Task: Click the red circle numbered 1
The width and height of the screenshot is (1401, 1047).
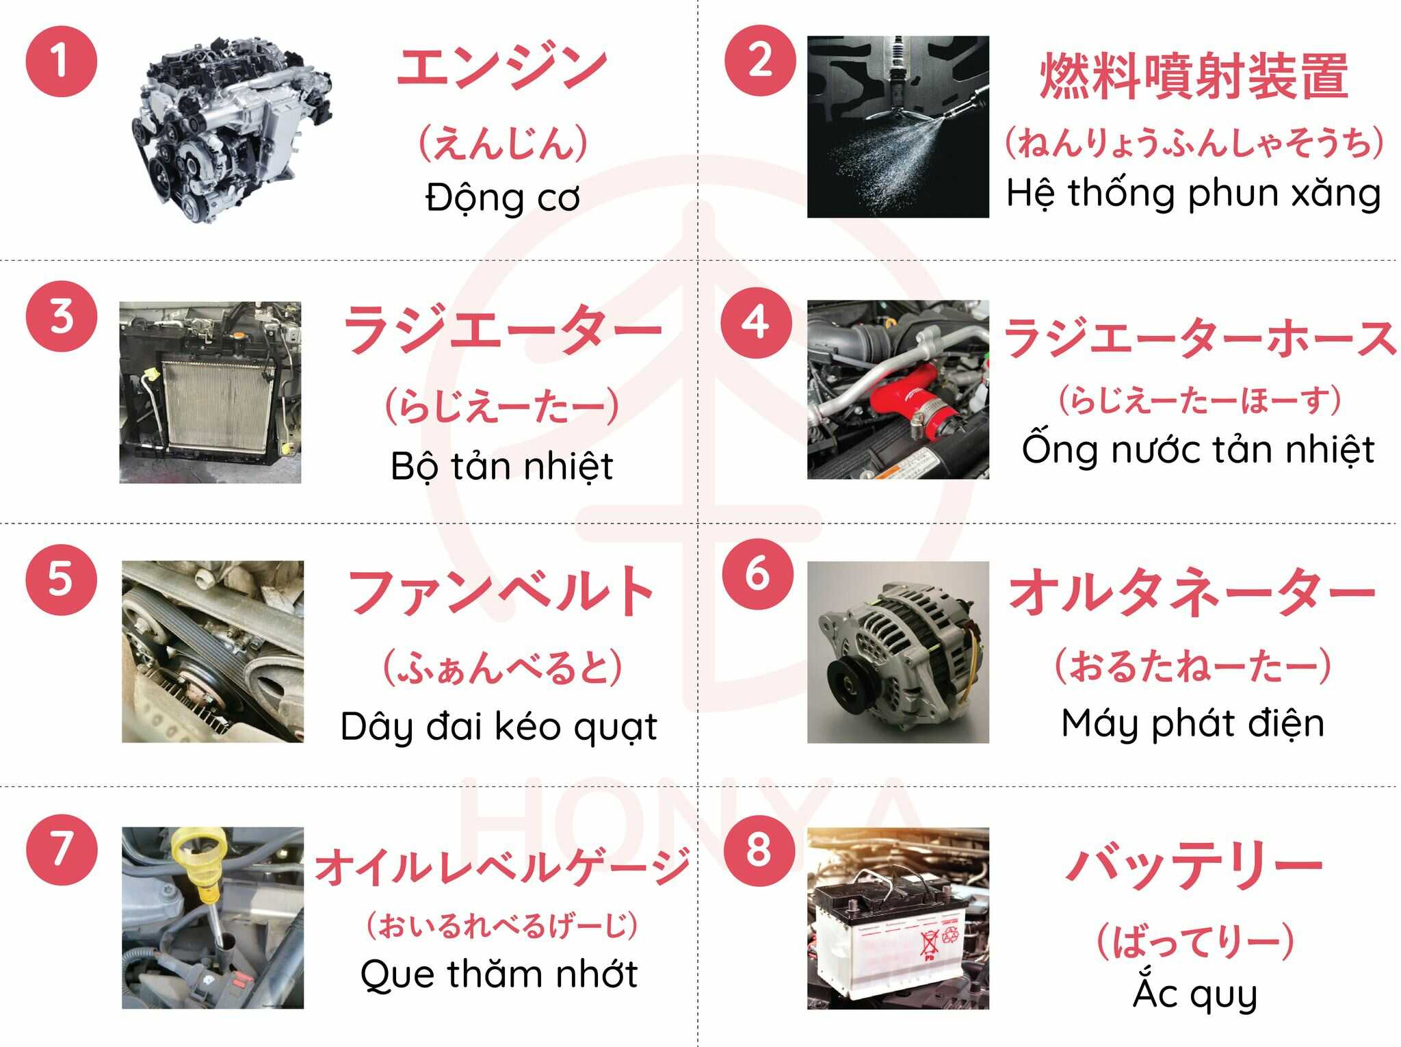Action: [62, 62]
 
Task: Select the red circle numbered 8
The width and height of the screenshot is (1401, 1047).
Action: [759, 849]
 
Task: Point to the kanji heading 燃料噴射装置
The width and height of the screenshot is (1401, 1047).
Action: [1194, 76]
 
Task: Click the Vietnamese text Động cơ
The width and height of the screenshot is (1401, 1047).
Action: [502, 198]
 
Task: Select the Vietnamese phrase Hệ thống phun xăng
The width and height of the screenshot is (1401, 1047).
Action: [1194, 193]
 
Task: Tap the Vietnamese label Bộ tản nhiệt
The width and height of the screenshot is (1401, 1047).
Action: [501, 467]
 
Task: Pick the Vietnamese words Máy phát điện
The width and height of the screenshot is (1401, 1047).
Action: [1193, 723]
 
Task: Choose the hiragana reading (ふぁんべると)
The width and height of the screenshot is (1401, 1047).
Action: [502, 668]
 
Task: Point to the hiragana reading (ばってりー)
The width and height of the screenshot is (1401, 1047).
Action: [1195, 942]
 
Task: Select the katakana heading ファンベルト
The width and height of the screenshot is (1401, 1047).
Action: [501, 591]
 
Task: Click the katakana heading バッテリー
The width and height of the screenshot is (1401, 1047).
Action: [1194, 866]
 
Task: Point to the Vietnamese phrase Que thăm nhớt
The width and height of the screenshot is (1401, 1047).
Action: [499, 974]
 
